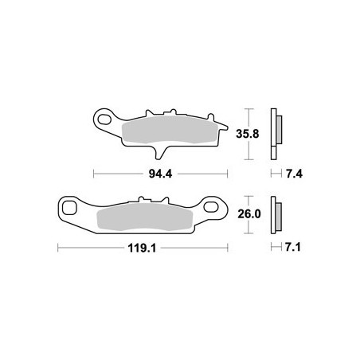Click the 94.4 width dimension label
point(160,174)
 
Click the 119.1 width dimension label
point(142,248)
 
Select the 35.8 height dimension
point(248,134)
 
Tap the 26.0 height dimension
point(249,214)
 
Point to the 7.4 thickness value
point(294,174)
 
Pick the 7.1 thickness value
point(293,247)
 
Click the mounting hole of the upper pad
point(104,119)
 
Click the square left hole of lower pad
point(69,208)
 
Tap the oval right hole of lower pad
point(211,207)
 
